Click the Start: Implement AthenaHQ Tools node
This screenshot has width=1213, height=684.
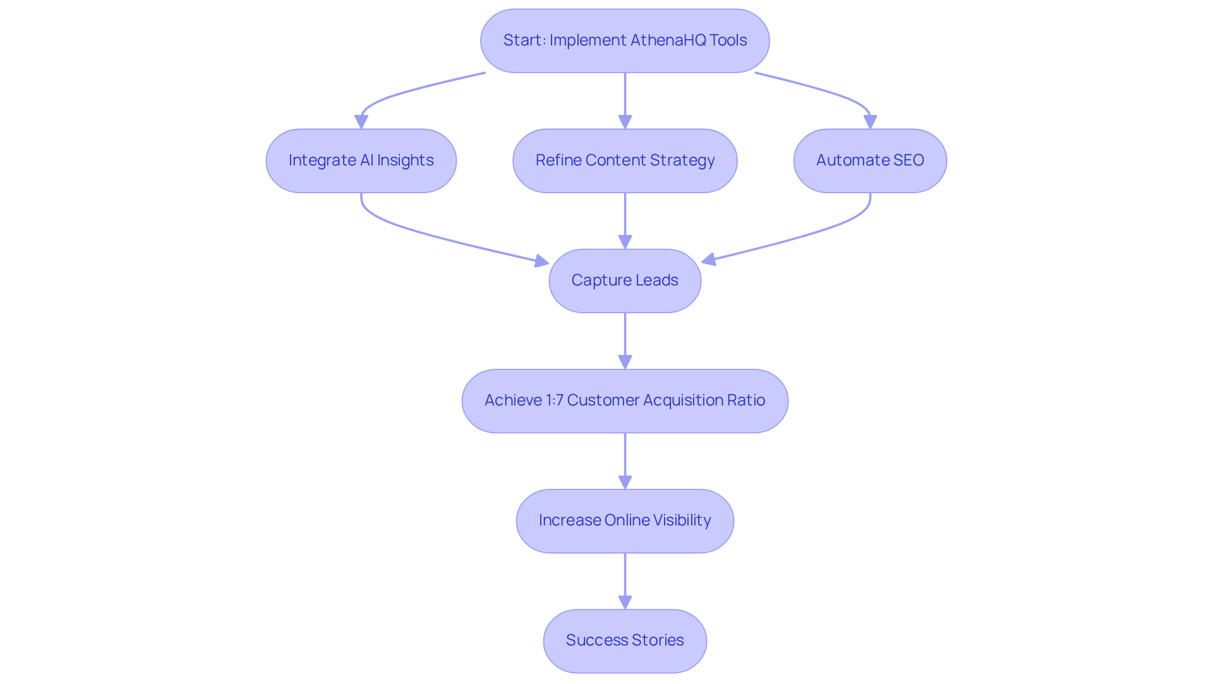point(624,40)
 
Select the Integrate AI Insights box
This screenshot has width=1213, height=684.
point(361,160)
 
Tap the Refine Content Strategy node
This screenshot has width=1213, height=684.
point(624,160)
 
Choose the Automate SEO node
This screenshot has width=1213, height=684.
point(869,160)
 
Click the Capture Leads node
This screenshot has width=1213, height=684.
point(624,280)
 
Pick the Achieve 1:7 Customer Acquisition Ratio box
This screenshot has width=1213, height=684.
point(624,400)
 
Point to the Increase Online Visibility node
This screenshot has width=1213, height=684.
point(624,520)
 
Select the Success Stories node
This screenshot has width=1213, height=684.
point(624,640)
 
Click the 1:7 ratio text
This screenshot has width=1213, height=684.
point(554,400)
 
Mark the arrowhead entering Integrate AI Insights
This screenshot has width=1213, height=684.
point(361,122)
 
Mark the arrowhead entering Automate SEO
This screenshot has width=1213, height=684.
point(870,122)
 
